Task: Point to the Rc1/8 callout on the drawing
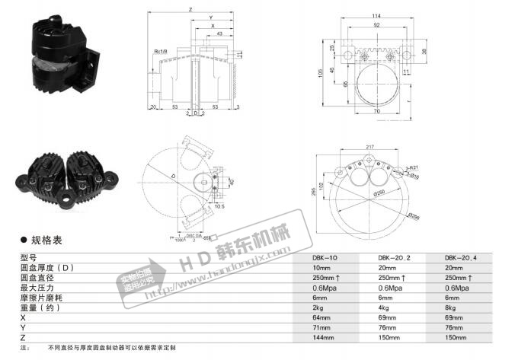pos(162,52)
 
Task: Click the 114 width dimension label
pos(375,18)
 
